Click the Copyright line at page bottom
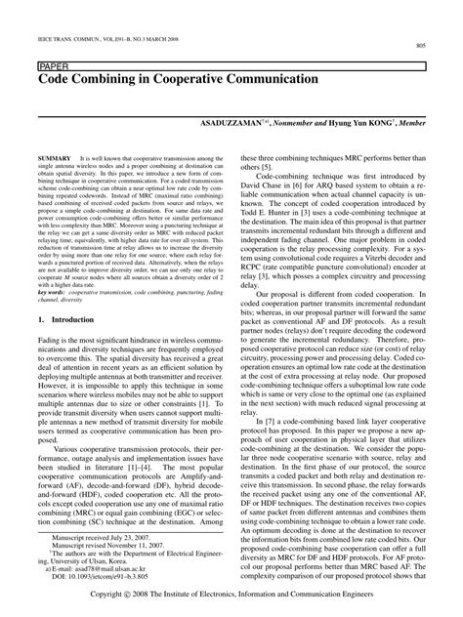(231, 597)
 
